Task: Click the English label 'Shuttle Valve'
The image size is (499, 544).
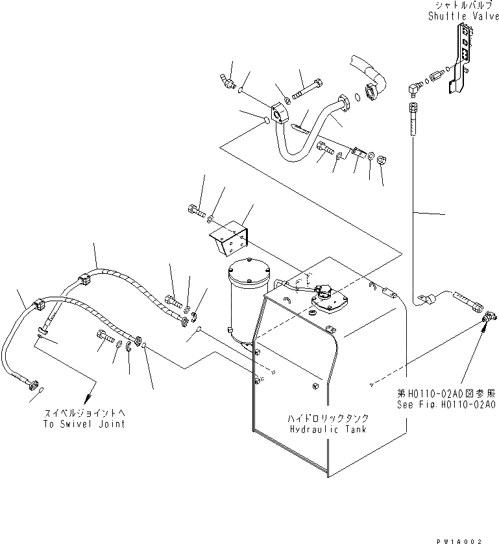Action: (463, 16)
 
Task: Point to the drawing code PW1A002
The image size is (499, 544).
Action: (472, 538)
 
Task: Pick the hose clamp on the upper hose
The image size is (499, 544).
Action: (371, 90)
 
